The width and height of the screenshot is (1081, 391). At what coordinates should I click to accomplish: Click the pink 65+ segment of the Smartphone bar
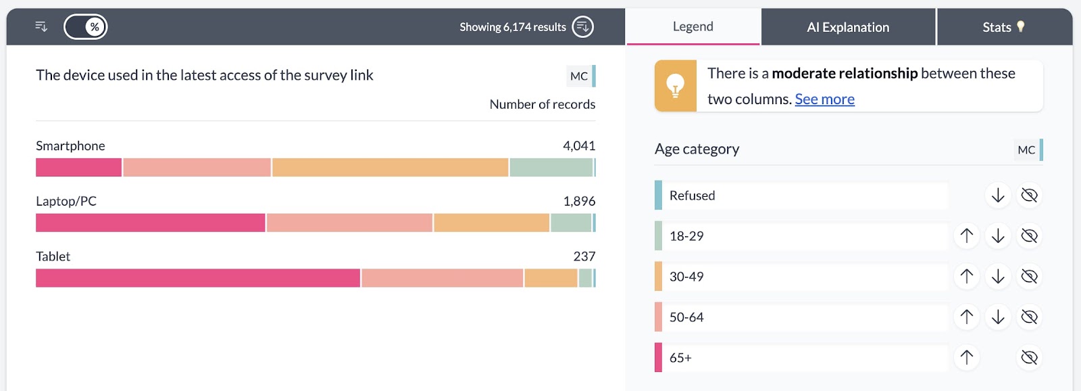pos(78,167)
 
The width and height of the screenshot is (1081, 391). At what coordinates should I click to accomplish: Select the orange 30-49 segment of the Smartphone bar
pos(390,167)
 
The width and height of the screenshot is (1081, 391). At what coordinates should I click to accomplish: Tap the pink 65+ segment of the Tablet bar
pos(197,278)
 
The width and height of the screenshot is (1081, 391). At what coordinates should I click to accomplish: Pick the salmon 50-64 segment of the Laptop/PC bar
pos(349,223)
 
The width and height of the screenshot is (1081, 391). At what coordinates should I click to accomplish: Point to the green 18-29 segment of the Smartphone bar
pos(551,167)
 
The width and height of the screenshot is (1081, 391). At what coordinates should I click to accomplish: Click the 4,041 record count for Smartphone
pos(579,145)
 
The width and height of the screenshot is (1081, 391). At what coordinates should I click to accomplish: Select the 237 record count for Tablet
pos(584,256)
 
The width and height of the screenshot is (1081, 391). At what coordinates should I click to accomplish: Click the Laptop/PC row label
pos(66,201)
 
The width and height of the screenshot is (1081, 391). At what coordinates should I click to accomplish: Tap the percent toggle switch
pos(86,27)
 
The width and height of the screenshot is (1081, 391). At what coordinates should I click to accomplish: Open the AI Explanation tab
pos(848,27)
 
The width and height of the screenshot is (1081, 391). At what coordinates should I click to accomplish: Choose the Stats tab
pos(1003,27)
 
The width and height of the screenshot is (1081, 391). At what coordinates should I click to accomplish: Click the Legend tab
pos(693,26)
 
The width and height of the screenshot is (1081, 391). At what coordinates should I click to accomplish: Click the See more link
pos(824,99)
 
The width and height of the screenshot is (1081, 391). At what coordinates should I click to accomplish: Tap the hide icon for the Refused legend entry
pos(1029,195)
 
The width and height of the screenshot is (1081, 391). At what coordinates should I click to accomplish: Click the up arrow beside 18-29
pos(967,236)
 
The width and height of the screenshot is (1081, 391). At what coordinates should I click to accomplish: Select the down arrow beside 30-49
pos(998,277)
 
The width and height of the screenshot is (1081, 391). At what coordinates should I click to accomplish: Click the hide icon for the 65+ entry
pos(1029,358)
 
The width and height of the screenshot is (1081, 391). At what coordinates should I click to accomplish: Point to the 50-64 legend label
pos(686,317)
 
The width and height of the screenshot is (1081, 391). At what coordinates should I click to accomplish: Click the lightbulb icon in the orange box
pos(676,86)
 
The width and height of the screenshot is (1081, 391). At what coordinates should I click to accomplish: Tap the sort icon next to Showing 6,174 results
pos(582,27)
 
